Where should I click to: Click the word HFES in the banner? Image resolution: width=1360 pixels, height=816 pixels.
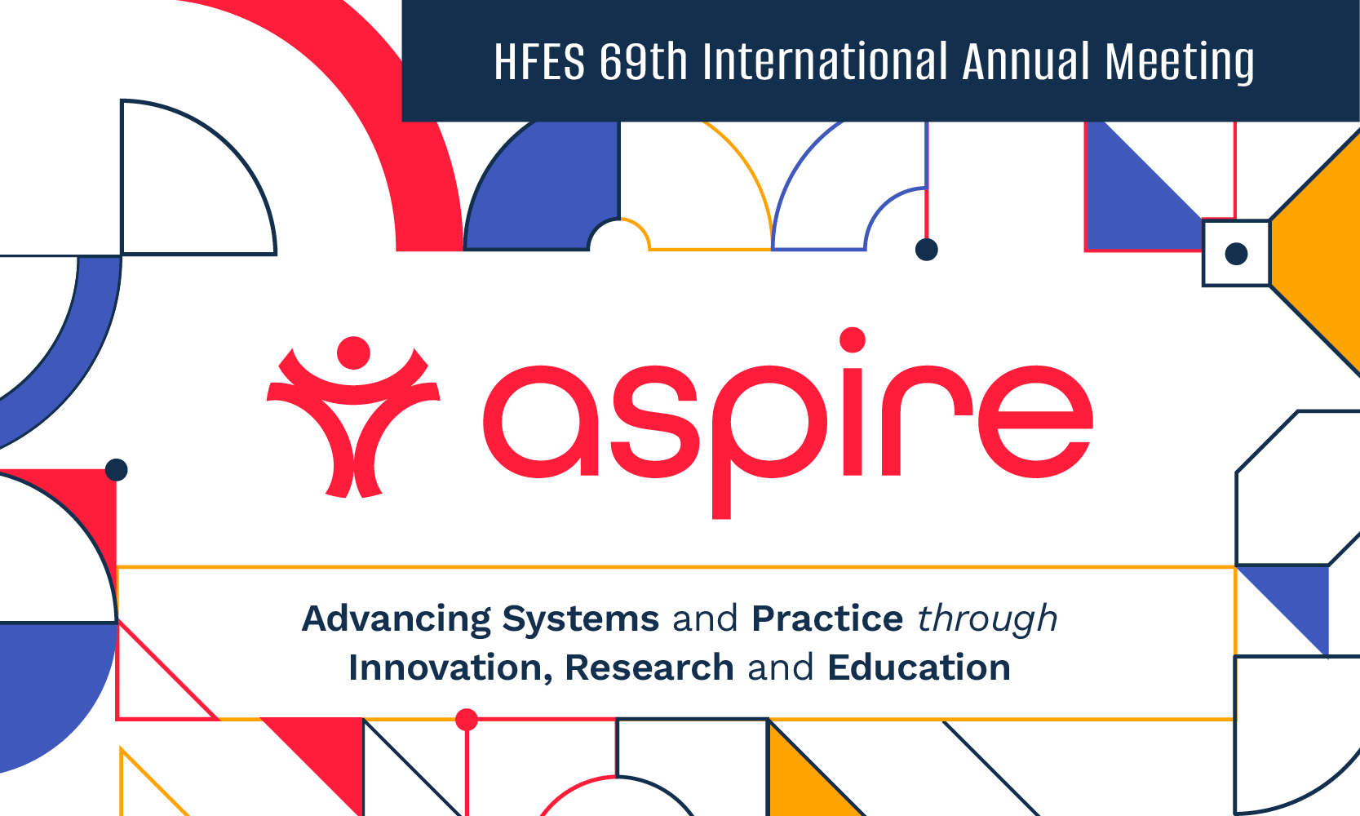point(539,63)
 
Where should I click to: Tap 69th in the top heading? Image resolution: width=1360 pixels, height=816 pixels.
point(644,63)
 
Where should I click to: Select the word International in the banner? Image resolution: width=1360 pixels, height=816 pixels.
point(825,63)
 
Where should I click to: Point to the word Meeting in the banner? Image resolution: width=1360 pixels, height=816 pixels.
point(1180,63)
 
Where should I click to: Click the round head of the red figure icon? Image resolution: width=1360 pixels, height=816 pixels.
point(353,353)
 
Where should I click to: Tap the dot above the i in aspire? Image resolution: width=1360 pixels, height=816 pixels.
point(853,339)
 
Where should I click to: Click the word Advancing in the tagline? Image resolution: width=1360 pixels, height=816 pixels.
point(396,619)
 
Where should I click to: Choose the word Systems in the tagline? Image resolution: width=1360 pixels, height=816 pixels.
point(580,619)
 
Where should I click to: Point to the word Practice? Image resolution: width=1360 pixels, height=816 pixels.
point(827,619)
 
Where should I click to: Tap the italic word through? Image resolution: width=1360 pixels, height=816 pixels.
point(987,619)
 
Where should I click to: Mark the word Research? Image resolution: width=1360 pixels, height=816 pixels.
point(649,667)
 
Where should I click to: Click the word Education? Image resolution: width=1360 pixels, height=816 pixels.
point(919,667)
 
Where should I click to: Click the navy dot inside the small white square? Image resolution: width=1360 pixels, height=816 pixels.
point(1237,254)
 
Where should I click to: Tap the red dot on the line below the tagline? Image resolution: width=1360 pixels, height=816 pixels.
point(467,720)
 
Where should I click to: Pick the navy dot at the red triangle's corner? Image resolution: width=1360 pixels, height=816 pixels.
point(117,470)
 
